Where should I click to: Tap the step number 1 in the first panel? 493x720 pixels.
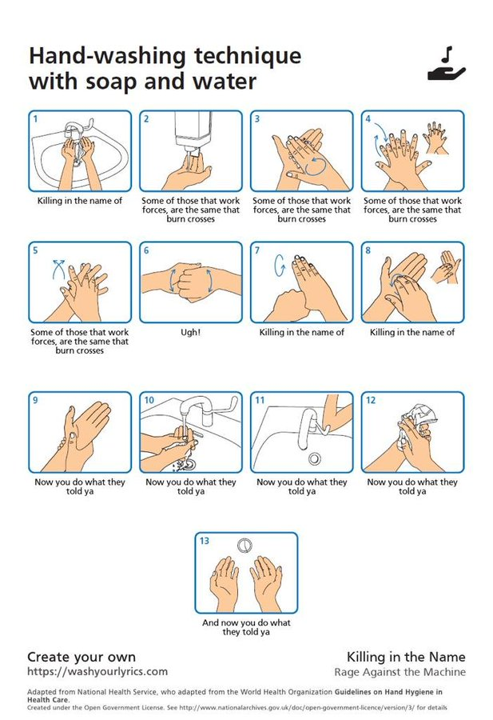35,119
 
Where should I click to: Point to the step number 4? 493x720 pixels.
368,119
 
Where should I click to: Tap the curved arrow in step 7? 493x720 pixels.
280,265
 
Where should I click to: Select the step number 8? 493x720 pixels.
368,250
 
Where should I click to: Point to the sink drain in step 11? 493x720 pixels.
314,458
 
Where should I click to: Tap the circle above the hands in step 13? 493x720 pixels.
246,545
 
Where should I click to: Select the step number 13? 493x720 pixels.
205,541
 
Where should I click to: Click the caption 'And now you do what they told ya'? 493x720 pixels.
246,627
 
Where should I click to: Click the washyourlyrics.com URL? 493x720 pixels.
97,671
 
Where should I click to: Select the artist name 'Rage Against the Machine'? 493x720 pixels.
399,672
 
